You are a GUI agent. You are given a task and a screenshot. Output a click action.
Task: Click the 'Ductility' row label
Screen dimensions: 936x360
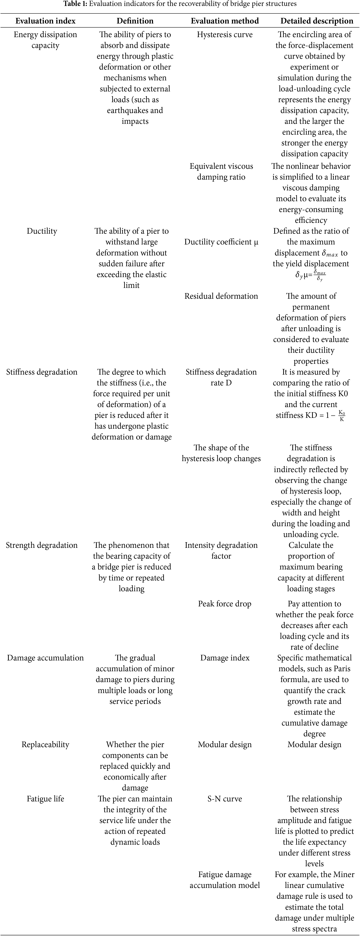click(x=42, y=231)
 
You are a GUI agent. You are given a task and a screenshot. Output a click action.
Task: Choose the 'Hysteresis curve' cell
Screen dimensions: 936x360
click(x=225, y=34)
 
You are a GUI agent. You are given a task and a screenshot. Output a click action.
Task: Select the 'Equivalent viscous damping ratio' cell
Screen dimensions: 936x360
click(x=221, y=172)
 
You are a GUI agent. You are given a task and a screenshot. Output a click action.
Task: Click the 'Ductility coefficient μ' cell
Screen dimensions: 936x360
click(x=221, y=242)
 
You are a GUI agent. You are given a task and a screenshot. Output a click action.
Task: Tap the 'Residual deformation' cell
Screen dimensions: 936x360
click(x=221, y=296)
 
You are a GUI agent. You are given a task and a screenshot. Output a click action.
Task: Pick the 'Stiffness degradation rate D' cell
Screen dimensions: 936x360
click(x=221, y=377)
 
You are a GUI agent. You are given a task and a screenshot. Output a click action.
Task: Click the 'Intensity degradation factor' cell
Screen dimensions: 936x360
click(x=221, y=550)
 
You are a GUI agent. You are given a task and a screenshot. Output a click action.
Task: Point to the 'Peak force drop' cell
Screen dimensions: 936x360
click(x=225, y=604)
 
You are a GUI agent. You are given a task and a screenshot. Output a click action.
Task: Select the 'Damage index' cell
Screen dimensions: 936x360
click(x=225, y=658)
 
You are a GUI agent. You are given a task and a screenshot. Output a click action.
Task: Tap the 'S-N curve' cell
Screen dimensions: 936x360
click(x=225, y=799)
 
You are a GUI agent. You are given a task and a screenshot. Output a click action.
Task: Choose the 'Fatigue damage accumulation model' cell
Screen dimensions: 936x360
click(x=225, y=880)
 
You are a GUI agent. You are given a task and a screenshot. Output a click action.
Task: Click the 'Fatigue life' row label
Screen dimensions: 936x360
click(x=45, y=799)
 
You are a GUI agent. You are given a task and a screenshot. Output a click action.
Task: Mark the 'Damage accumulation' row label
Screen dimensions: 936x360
click(x=45, y=658)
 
